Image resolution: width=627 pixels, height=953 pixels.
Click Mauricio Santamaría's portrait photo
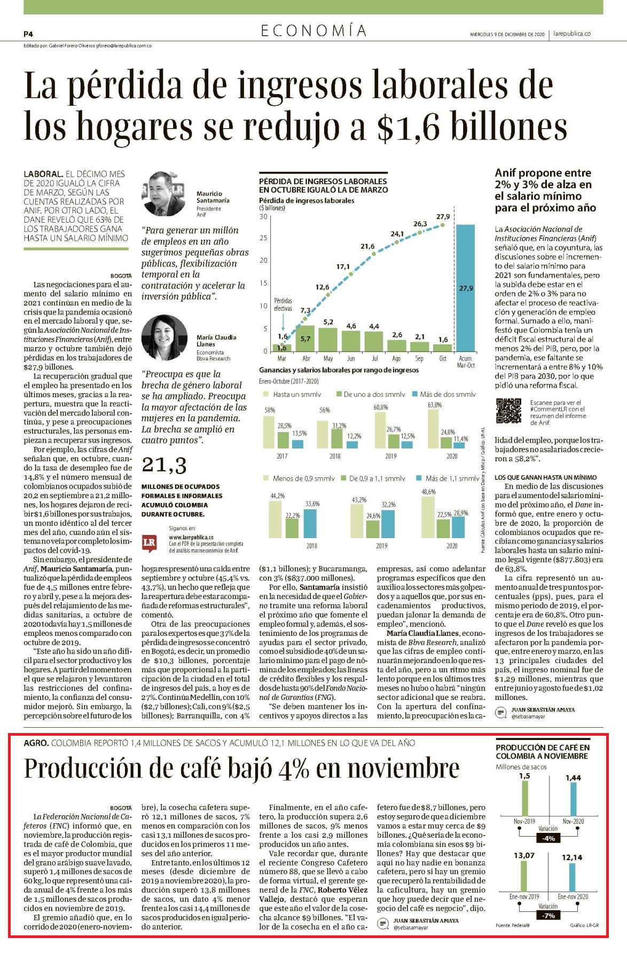[x=164, y=194]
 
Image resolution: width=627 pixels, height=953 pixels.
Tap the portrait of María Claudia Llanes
[x=164, y=337]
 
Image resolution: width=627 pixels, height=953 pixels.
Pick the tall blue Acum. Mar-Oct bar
[x=465, y=288]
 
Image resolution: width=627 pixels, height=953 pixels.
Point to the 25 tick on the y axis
[x=263, y=238]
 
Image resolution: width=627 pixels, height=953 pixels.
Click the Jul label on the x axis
[x=374, y=359]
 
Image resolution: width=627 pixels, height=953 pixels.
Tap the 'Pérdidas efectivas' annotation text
[x=283, y=305]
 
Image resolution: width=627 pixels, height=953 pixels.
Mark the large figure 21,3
[x=163, y=466]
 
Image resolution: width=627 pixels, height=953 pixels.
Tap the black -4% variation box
[x=548, y=839]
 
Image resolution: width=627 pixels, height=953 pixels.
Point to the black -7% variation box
[x=548, y=916]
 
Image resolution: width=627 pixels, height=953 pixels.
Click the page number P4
[x=28, y=34]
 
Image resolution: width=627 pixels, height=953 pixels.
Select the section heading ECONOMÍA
[x=313, y=31]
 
